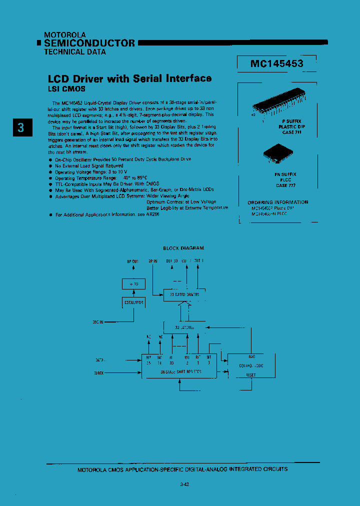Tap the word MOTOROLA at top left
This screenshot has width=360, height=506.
coord(65,35)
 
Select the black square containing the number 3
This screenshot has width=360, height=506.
coord(21,127)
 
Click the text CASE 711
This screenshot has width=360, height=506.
coord(291,132)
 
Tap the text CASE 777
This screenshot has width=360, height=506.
coord(286,185)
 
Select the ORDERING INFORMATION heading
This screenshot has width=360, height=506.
coord(278,202)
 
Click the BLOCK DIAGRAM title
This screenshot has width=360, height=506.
coord(183,248)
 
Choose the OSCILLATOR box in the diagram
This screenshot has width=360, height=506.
coord(133,302)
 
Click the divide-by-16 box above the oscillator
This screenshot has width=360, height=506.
coord(133,284)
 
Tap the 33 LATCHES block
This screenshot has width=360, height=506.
coord(184,327)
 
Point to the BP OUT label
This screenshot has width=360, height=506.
coord(133,261)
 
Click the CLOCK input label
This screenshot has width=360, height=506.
coord(99,372)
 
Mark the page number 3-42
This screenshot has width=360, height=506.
coord(183,484)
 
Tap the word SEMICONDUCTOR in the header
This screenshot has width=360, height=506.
coord(89,43)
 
